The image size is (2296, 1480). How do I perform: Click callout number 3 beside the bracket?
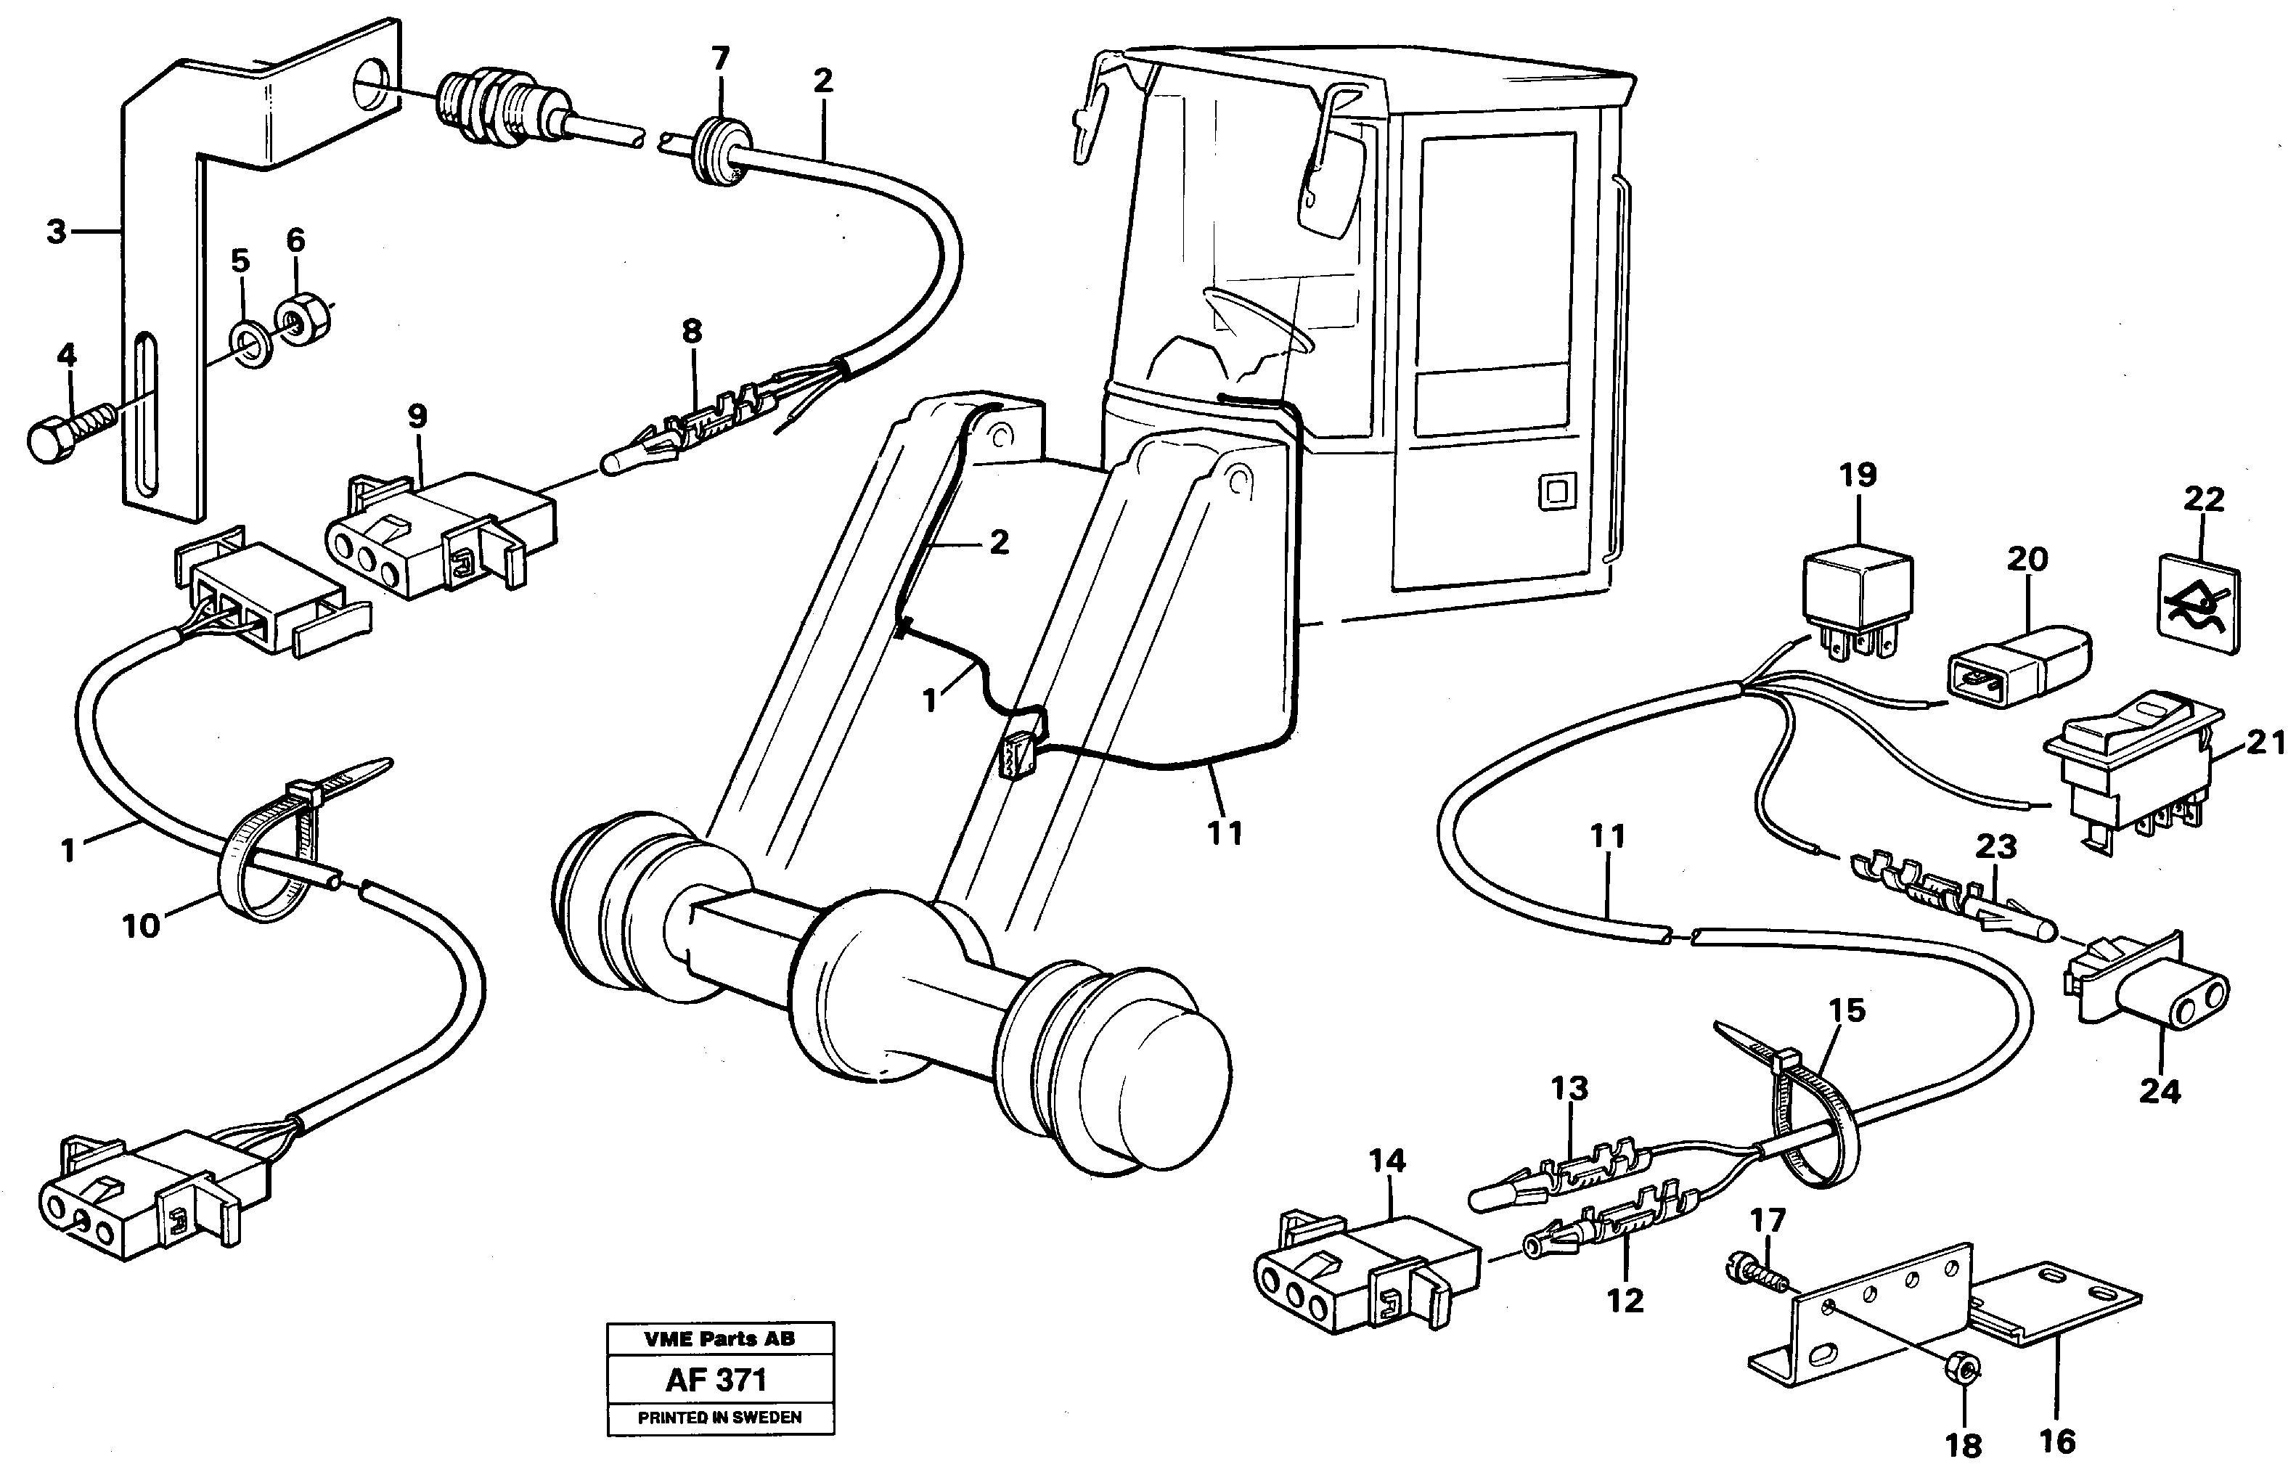click(57, 232)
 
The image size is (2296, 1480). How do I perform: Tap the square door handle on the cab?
click(1554, 493)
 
